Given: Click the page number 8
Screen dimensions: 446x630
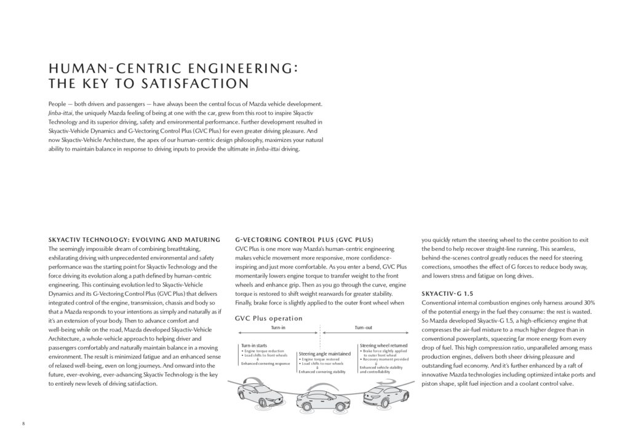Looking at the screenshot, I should pyautogui.click(x=23, y=424).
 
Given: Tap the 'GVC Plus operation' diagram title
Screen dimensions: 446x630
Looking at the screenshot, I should pyautogui.click(x=268, y=319).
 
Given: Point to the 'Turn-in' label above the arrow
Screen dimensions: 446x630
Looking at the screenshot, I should pyautogui.click(x=278, y=327).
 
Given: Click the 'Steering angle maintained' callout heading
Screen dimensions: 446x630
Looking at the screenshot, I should pyautogui.click(x=324, y=354).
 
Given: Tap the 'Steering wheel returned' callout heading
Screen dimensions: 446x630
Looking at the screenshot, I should pyautogui.click(x=383, y=346).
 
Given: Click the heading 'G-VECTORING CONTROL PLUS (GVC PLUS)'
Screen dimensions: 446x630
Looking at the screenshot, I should pyautogui.click(x=305, y=239).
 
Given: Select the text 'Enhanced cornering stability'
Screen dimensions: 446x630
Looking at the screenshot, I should pyautogui.click(x=322, y=372).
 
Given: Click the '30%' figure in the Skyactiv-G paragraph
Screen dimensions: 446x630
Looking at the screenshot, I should pyautogui.click(x=589, y=303).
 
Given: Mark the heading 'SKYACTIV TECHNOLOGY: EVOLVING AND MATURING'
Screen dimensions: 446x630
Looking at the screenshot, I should pyautogui.click(x=134, y=239).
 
